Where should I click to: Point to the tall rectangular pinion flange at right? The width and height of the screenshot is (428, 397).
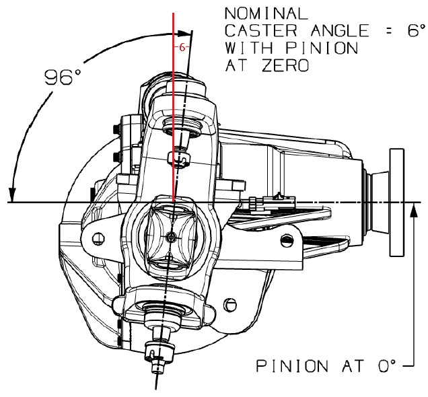(x=396, y=204)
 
